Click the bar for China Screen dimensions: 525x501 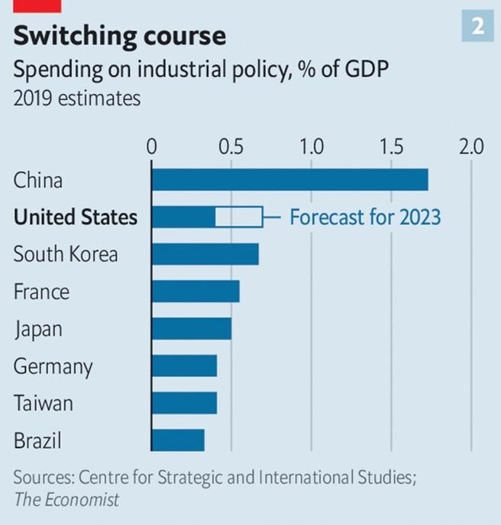(289, 180)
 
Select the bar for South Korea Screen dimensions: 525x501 (205, 254)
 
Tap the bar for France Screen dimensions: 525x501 (196, 291)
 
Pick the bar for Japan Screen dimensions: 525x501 (191, 329)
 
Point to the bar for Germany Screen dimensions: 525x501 (184, 366)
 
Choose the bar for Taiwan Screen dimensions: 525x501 (184, 403)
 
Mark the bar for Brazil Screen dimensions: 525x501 (178, 440)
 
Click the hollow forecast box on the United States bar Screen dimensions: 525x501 (239, 217)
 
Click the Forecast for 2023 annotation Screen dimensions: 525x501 (365, 217)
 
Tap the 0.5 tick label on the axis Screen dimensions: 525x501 (231, 147)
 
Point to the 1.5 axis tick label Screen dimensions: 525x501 (391, 147)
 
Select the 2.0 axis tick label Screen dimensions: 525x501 (470, 147)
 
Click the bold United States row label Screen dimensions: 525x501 (76, 217)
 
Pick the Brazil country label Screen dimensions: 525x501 (37, 440)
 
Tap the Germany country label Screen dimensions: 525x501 (53, 367)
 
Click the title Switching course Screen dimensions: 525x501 (120, 35)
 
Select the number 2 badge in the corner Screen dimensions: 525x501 (477, 27)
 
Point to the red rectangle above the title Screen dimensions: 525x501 (37, 5)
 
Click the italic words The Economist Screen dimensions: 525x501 (66, 500)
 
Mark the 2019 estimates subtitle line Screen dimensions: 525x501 (76, 98)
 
